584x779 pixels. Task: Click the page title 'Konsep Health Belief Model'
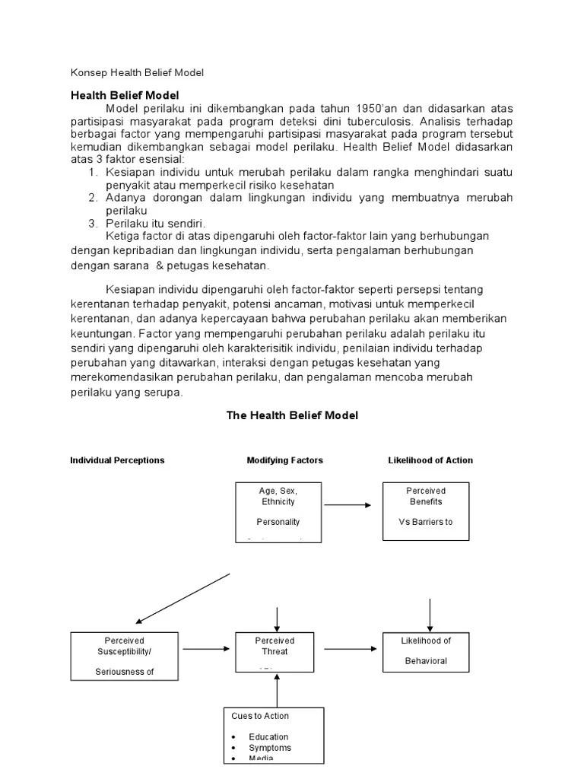138,72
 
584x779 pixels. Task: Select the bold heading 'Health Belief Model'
125,95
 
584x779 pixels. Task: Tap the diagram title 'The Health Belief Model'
292,415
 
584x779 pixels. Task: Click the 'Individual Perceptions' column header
117,460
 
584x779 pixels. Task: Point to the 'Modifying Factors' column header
284,460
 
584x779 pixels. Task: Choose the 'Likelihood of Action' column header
430,460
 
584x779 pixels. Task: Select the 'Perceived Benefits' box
426,511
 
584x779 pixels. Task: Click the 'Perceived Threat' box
275,652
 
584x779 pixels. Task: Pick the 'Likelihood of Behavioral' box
426,651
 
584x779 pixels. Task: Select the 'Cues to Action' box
273,734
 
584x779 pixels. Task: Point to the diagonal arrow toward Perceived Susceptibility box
182,599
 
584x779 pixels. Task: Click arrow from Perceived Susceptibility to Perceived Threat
205,649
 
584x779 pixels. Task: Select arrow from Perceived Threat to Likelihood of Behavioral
347,649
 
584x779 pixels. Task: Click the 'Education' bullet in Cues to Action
268,736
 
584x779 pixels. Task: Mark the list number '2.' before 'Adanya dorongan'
93,198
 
